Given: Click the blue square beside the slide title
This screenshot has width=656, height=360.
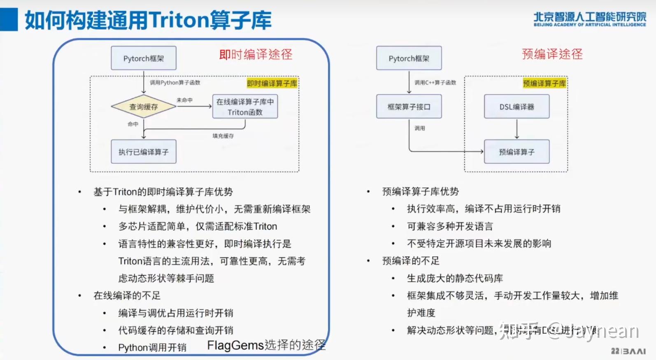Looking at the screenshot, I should click(x=9, y=19).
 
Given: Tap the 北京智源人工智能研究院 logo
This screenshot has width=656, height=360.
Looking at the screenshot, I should click(x=589, y=19).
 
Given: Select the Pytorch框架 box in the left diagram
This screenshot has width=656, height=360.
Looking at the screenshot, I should click(x=144, y=58).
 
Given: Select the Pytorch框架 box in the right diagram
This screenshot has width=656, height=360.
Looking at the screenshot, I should click(x=409, y=58).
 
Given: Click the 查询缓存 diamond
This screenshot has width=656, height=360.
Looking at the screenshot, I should click(x=144, y=107).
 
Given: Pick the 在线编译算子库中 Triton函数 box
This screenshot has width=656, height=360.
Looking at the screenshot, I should click(x=245, y=107).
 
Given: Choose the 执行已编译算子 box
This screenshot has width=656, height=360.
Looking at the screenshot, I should click(x=144, y=152).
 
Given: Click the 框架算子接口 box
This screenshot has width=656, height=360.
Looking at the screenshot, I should click(x=409, y=107).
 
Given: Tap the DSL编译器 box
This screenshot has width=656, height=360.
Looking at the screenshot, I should click(x=516, y=107).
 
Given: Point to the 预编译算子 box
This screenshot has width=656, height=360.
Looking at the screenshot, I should click(x=516, y=152).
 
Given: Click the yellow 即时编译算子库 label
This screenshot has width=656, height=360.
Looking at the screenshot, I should click(x=272, y=84).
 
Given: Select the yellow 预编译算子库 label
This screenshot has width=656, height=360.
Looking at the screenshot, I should click(x=544, y=84).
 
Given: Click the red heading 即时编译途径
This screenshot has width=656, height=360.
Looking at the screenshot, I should click(x=256, y=54).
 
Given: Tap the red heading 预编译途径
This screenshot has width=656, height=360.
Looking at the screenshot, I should click(x=552, y=54).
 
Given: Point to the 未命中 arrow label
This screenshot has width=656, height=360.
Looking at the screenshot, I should click(x=184, y=100).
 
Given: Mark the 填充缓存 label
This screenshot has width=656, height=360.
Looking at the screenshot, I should click(x=223, y=136).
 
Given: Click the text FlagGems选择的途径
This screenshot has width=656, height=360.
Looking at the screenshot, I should click(x=266, y=345).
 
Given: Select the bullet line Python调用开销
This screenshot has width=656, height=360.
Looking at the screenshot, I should click(x=152, y=348).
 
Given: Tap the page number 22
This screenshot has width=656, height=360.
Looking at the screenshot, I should click(x=615, y=351).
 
